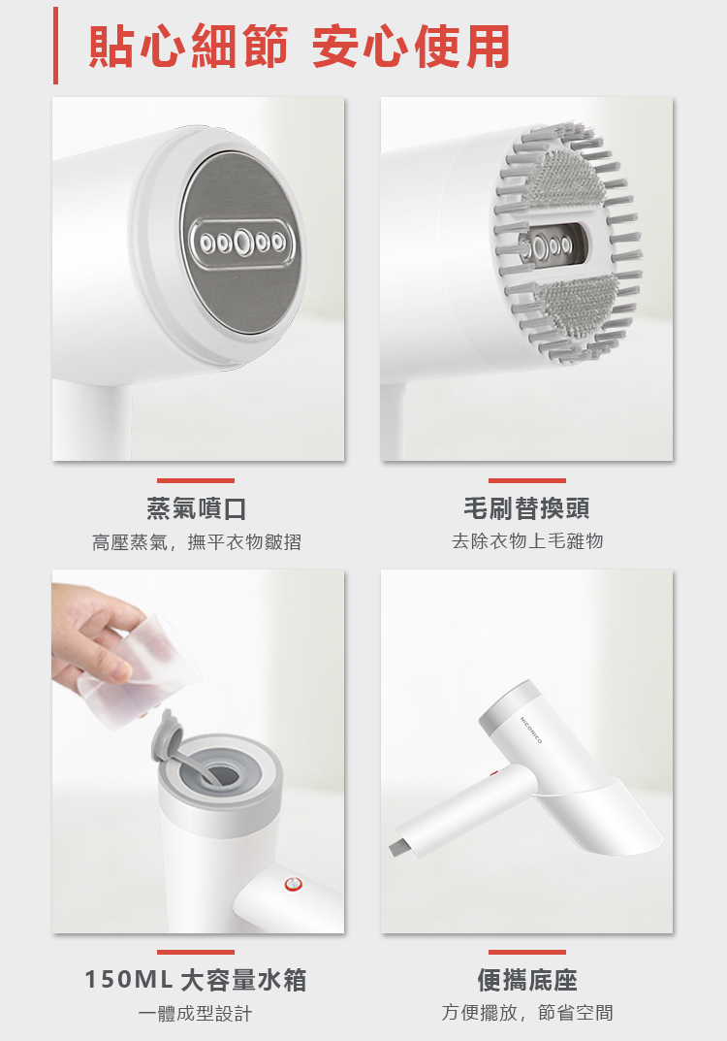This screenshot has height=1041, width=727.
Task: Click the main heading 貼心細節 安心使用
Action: [300, 47]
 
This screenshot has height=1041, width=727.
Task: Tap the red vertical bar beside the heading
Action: [55, 46]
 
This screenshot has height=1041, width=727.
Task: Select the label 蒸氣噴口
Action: [197, 508]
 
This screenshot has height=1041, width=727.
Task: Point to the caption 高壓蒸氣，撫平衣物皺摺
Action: [197, 542]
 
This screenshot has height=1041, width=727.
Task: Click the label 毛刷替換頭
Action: [526, 508]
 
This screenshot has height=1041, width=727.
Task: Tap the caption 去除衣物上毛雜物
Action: [527, 541]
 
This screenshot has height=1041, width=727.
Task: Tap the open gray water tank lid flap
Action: [168, 738]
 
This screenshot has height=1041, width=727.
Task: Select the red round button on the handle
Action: [293, 884]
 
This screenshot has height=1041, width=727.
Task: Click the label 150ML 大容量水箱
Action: [196, 980]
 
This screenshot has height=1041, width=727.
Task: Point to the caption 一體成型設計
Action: [196, 1013]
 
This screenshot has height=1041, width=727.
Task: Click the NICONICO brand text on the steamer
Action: [532, 730]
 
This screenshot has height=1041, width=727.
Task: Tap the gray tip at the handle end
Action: [400, 848]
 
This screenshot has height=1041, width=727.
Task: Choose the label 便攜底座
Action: [527, 980]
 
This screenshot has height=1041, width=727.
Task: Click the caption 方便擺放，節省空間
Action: [527, 1013]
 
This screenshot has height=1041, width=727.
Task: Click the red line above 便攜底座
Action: [527, 952]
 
